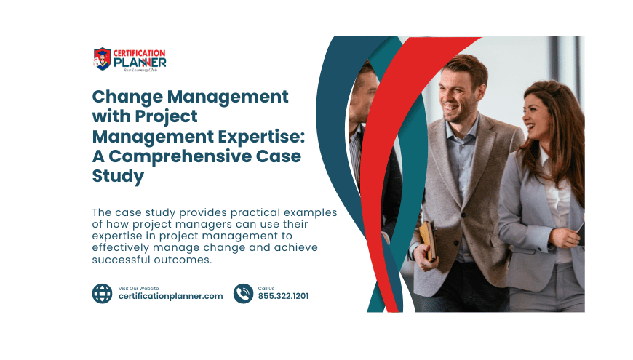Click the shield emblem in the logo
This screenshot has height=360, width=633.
(x=102, y=59)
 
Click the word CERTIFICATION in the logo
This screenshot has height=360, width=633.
(x=139, y=53)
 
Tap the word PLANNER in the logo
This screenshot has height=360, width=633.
(x=140, y=63)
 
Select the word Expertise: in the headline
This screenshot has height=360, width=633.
(x=262, y=137)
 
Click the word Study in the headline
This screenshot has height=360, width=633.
(x=118, y=177)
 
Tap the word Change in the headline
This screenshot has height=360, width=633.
(x=127, y=97)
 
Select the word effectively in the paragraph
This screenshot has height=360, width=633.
(x=120, y=247)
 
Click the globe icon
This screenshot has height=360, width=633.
(x=102, y=293)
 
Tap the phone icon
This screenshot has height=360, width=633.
(x=244, y=293)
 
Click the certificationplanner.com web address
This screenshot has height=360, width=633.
(x=170, y=296)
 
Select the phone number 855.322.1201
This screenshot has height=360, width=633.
(x=284, y=296)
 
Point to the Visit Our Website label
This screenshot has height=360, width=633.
(x=138, y=288)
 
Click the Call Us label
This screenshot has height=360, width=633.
(x=266, y=288)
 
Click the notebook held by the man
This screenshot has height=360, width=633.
(x=429, y=241)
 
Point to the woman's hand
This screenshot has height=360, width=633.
(x=564, y=238)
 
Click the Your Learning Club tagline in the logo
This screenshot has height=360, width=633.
(x=140, y=71)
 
